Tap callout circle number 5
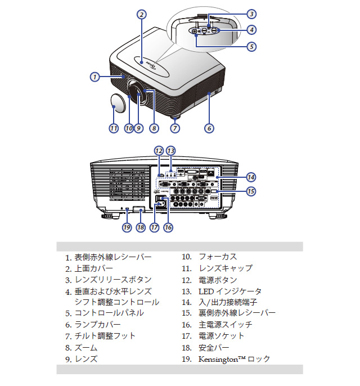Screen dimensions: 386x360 click(x=251, y=47)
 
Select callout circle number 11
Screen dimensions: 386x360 click(x=114, y=128)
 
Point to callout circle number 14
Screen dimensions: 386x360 click(x=251, y=176)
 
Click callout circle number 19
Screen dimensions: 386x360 click(x=127, y=227)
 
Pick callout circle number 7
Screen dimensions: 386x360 click(x=175, y=128)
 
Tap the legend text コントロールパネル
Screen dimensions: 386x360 click(x=109, y=313)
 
